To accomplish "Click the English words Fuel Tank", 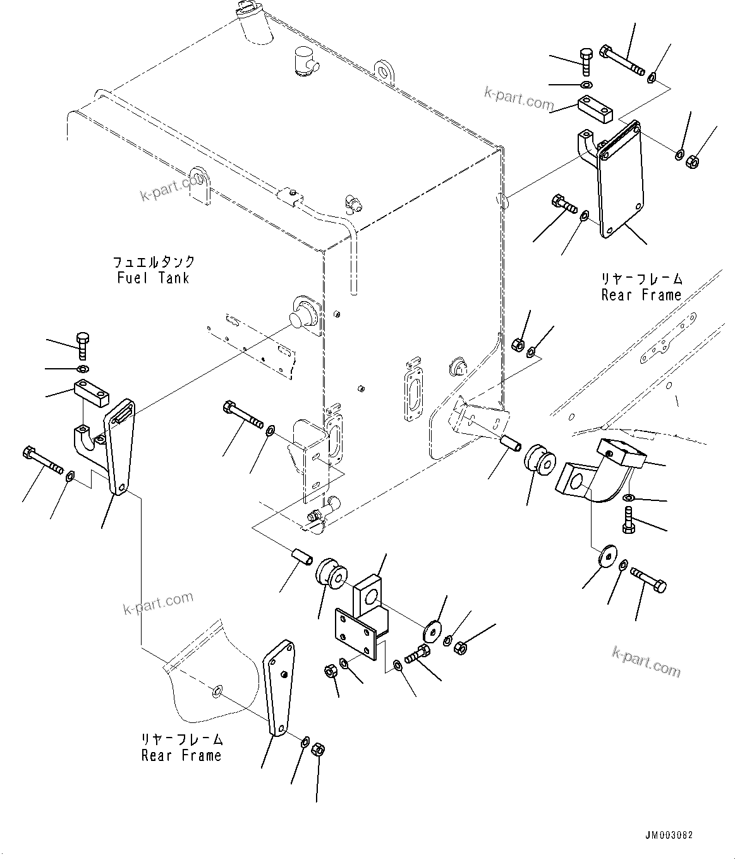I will click(x=153, y=278).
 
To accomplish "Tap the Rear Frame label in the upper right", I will click(x=641, y=295).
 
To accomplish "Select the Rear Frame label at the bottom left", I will click(x=181, y=755).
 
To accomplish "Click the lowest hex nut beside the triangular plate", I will click(x=319, y=750).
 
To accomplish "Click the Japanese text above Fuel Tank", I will click(x=154, y=262).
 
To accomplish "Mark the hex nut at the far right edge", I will click(x=691, y=161).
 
